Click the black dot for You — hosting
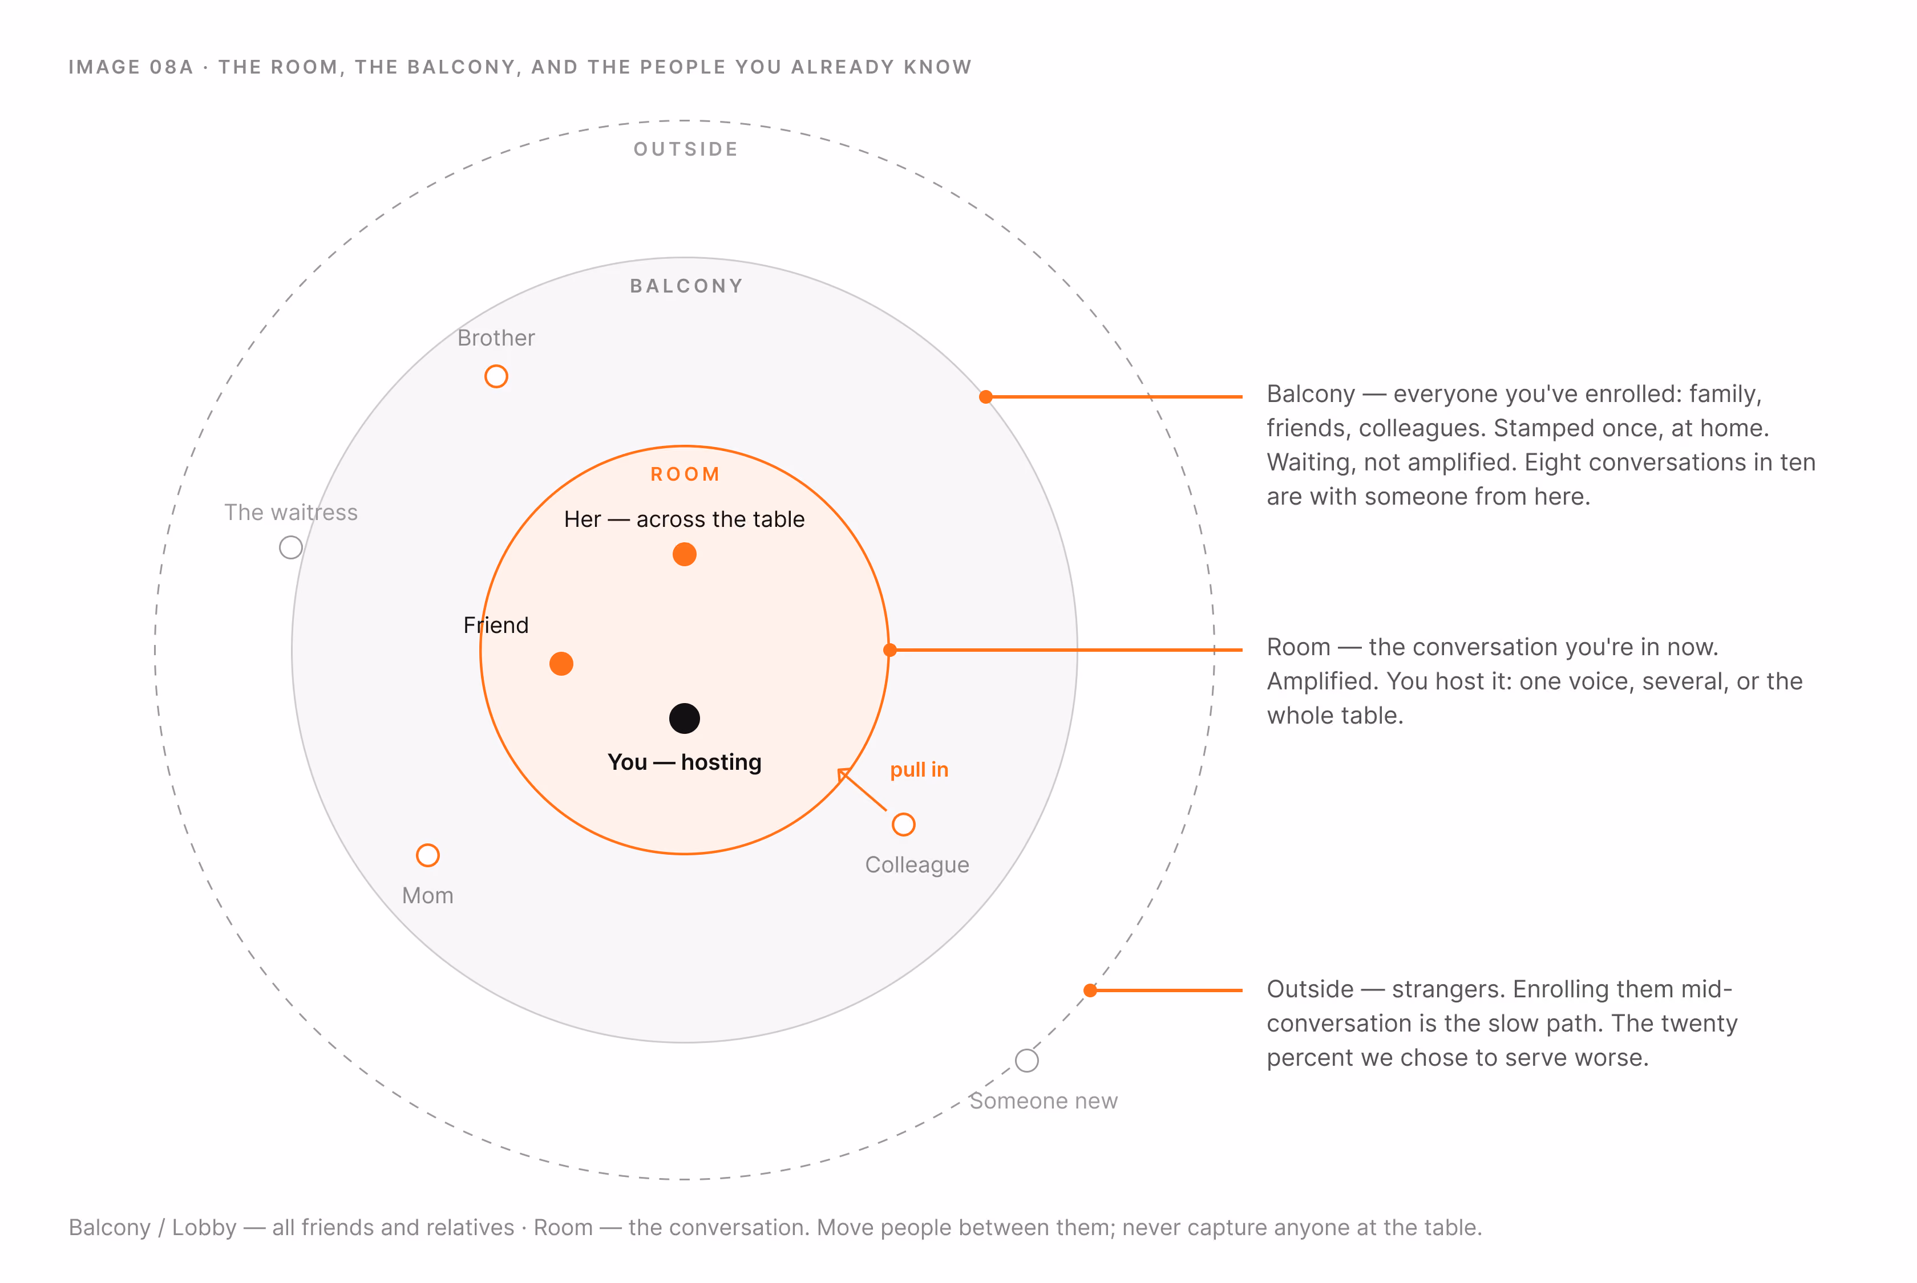684,718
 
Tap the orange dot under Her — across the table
684,554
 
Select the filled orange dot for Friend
561,664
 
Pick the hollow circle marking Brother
496,376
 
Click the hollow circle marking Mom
427,855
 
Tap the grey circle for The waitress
290,547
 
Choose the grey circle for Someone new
1026,1061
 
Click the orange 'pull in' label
919,770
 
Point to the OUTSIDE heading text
686,149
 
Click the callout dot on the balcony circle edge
985,397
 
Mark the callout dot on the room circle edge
889,649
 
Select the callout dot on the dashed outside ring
1090,990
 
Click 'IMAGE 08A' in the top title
131,67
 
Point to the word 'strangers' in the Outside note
1447,989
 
